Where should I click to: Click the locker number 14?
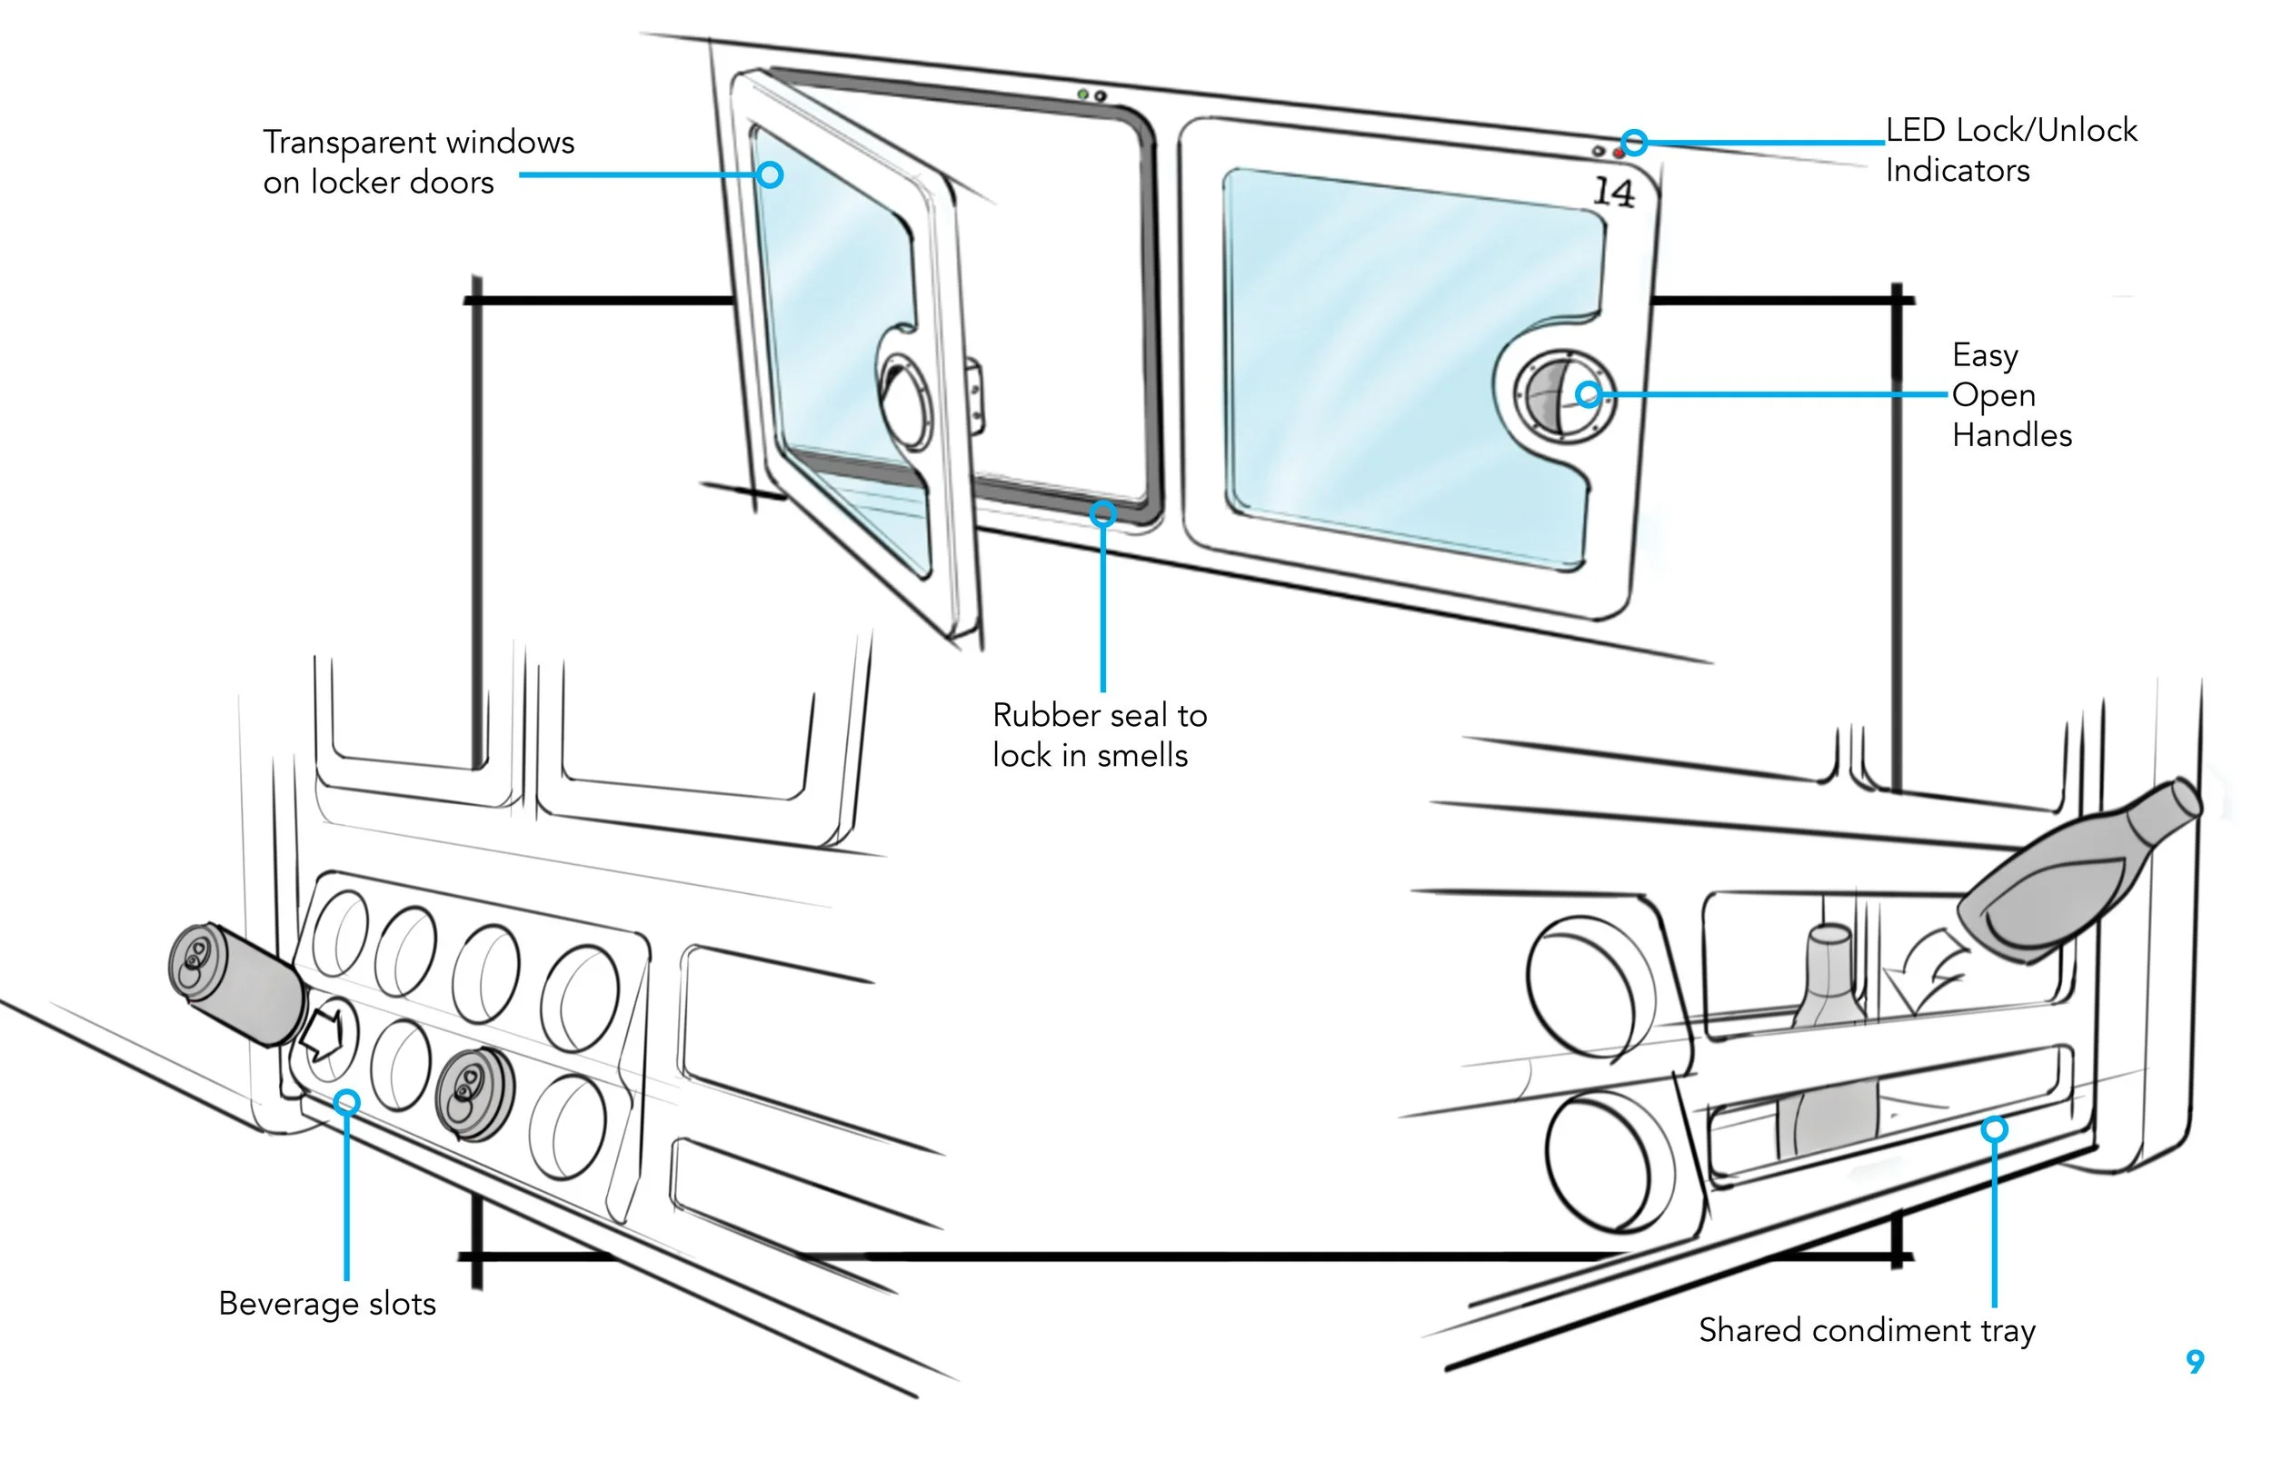pos(1613,192)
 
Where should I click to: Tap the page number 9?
pos(2195,1361)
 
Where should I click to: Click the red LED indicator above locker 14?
pos(1618,153)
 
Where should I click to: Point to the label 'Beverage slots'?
pos(326,1304)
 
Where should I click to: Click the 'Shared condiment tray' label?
pos(1867,1331)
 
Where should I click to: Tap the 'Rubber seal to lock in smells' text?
pos(1099,735)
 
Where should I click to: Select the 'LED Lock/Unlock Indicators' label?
pos(2009,150)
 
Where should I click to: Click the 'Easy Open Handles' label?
pos(2009,395)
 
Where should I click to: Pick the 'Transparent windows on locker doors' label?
pos(418,162)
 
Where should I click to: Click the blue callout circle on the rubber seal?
pos(1103,514)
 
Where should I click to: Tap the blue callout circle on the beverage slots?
pos(347,1103)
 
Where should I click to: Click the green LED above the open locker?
pos(1082,94)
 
